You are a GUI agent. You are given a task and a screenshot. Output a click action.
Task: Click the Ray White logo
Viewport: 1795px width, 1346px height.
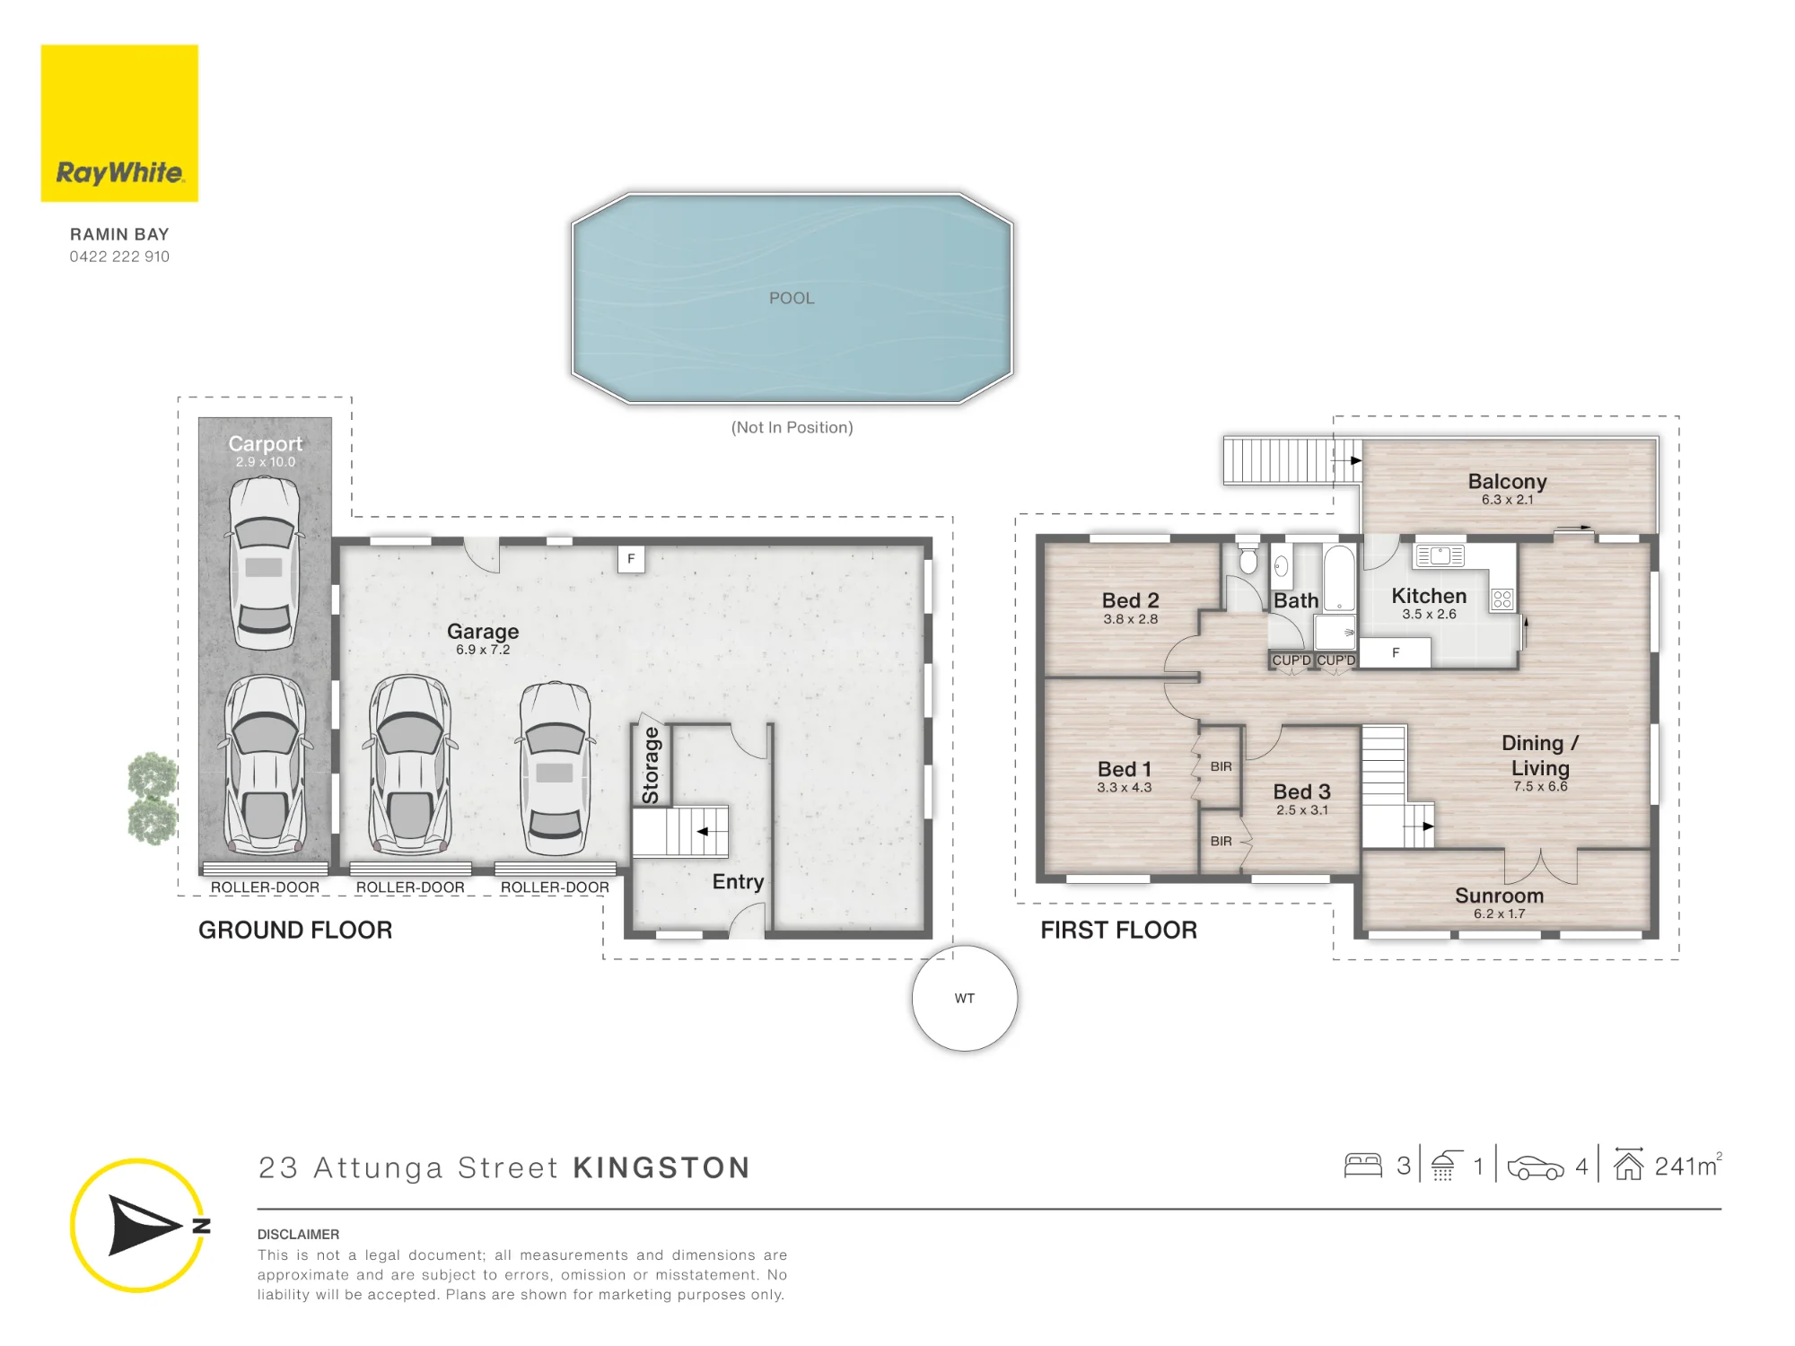click(119, 123)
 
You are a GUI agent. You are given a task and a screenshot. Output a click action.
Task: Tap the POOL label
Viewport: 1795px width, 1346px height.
click(792, 298)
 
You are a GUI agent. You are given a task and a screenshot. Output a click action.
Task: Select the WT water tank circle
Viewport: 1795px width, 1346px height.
click(965, 998)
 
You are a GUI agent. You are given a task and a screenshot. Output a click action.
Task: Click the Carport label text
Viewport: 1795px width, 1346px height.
click(266, 443)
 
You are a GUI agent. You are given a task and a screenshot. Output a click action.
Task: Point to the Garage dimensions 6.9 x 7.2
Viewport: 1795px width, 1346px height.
click(483, 650)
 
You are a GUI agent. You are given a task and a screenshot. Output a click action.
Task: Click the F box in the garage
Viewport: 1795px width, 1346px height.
click(631, 559)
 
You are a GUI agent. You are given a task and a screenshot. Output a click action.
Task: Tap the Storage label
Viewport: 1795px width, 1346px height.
click(651, 765)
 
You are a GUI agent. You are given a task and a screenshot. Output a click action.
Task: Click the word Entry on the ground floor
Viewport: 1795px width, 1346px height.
click(738, 881)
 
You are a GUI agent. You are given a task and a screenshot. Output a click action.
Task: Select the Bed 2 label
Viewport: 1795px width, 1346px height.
click(1131, 600)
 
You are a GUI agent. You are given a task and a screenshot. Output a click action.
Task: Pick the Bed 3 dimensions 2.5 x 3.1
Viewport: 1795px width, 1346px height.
click(1302, 810)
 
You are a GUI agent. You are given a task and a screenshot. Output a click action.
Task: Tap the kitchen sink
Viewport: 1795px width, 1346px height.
click(1440, 555)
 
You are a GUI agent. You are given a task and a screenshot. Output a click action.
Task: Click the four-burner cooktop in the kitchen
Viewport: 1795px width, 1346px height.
click(1502, 599)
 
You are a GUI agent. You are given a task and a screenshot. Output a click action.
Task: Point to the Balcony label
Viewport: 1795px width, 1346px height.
click(1508, 481)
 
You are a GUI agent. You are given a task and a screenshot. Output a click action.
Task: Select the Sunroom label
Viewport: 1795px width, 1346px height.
click(1500, 896)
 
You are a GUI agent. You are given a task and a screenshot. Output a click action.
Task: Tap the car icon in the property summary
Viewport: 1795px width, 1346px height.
click(1536, 1167)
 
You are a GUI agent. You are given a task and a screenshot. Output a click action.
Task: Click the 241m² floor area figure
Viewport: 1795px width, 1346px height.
click(1688, 1166)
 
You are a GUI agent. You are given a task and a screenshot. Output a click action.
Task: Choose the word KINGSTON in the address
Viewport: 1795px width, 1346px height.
click(661, 1167)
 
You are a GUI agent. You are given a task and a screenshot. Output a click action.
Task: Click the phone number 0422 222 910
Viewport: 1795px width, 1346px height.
click(119, 257)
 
